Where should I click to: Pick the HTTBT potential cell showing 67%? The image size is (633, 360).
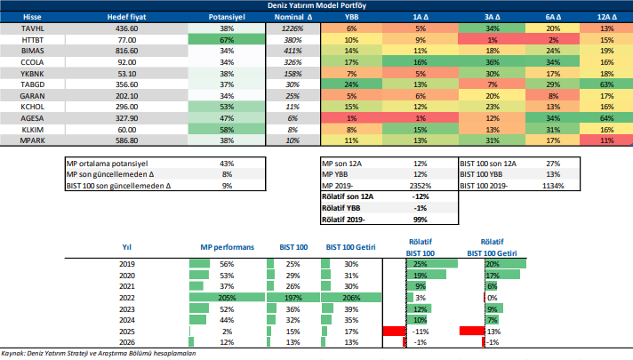(226, 40)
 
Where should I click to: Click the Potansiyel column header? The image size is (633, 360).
(226, 16)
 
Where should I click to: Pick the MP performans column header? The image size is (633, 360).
(221, 246)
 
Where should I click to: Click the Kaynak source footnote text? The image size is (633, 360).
(98, 354)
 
